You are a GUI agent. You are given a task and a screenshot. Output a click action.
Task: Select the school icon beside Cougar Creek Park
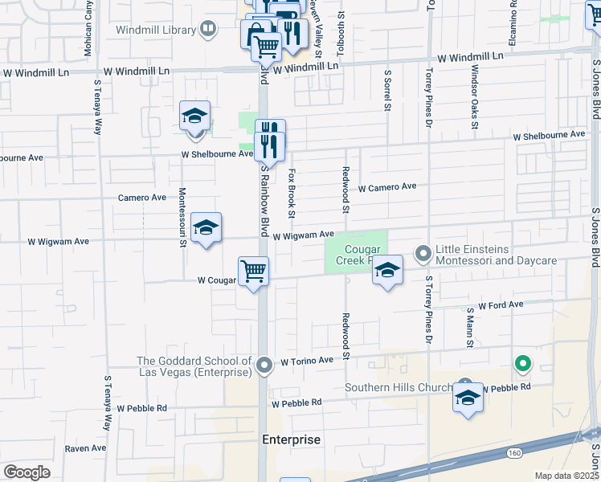387,271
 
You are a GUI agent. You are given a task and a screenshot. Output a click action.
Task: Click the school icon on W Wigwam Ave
206,228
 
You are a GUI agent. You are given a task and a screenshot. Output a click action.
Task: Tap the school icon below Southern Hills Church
468,398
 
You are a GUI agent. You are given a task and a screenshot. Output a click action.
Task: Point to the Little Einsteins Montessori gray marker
424,254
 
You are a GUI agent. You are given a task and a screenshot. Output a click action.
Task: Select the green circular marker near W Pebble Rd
522,366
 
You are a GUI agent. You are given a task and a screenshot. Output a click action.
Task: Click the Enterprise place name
292,439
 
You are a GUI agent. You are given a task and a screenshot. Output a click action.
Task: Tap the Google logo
27,472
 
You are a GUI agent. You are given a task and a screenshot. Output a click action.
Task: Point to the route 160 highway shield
514,453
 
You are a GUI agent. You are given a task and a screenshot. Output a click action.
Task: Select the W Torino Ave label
306,362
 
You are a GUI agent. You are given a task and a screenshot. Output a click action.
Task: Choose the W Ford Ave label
501,305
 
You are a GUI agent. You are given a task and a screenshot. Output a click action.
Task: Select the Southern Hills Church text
399,387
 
